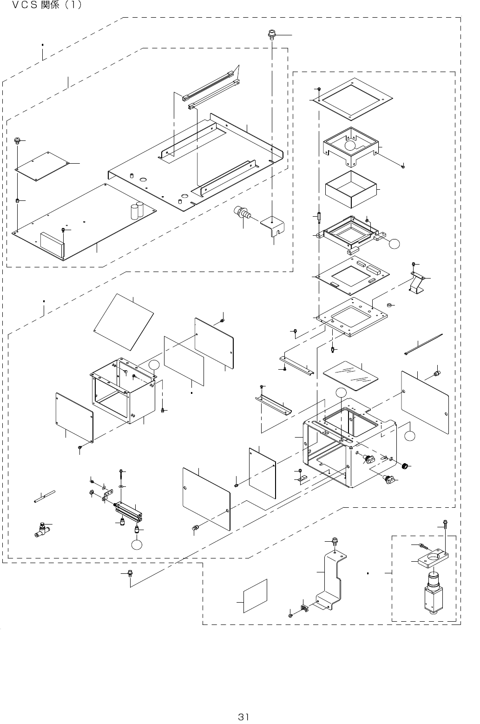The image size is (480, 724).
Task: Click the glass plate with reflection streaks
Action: pos(350,374)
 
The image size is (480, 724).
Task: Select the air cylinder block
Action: pos(132,511)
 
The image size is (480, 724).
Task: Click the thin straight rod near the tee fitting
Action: pos(45,496)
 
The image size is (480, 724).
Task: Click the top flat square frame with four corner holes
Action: pos(353,98)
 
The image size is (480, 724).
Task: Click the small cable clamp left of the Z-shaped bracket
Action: pos(305,607)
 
